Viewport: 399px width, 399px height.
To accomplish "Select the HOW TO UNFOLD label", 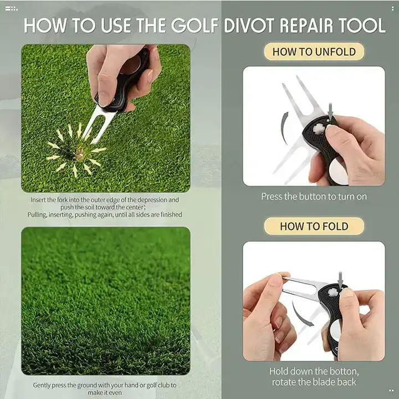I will pyautogui.click(x=314, y=52).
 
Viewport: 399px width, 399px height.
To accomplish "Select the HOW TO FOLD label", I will pyautogui.click(x=314, y=226).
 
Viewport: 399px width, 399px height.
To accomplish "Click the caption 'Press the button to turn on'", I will pyautogui.click(x=314, y=196).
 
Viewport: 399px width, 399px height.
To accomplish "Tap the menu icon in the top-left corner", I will pyautogui.click(x=11, y=8).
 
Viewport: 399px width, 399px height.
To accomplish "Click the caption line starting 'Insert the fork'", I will pyautogui.click(x=105, y=200).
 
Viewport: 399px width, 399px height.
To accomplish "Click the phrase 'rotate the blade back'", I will pyautogui.click(x=314, y=382).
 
